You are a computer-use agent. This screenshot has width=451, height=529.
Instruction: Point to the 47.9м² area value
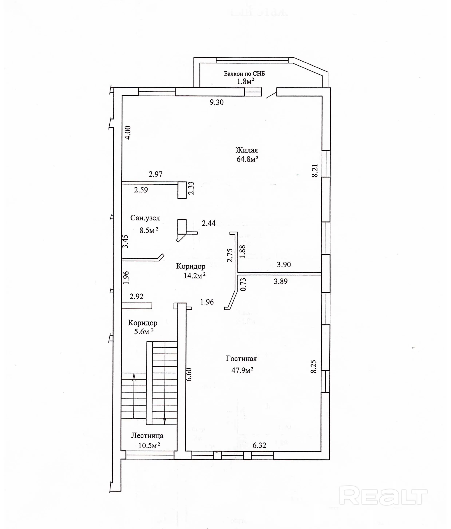click(242, 370)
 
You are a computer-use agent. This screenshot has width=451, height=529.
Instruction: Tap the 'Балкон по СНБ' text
click(244, 74)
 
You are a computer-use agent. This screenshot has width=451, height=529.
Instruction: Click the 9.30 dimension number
click(216, 102)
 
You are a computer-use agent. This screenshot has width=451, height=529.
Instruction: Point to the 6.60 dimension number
click(189, 374)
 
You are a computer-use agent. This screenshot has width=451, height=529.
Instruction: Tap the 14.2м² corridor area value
click(195, 276)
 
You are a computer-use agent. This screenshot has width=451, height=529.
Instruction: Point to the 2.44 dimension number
click(209, 223)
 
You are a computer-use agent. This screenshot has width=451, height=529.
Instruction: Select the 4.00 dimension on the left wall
click(128, 132)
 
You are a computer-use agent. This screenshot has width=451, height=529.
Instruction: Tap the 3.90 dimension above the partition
click(284, 265)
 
